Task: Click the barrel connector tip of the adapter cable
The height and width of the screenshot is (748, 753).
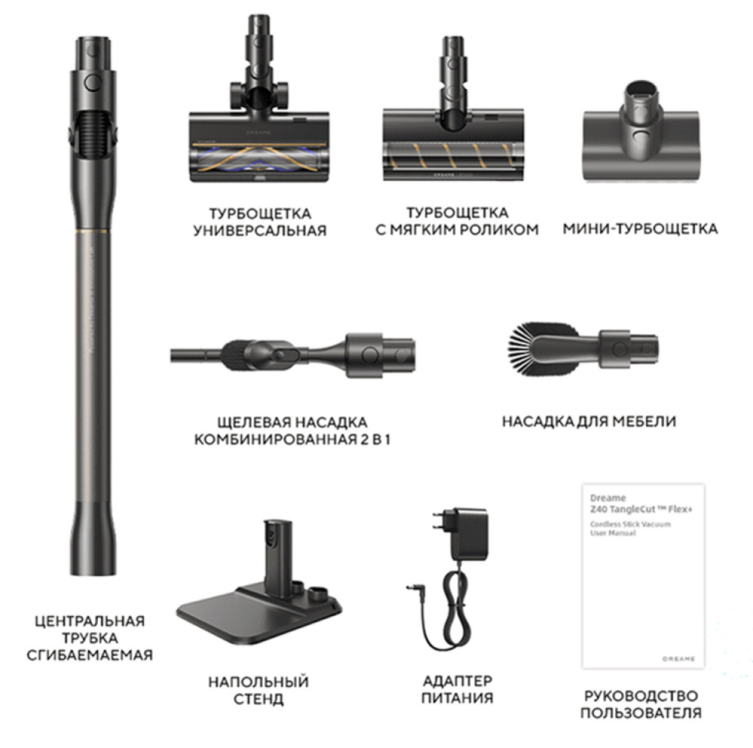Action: click(x=412, y=588)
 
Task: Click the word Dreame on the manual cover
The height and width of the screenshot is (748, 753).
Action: click(x=608, y=498)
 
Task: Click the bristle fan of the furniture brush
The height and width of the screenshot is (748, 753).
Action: click(x=523, y=348)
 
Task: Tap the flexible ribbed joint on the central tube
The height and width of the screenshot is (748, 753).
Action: click(x=93, y=135)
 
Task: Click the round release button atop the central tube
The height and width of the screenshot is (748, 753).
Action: click(x=93, y=82)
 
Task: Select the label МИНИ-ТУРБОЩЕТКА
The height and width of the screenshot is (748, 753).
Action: click(x=640, y=229)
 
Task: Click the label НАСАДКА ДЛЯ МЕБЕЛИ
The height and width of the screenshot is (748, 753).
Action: click(x=589, y=422)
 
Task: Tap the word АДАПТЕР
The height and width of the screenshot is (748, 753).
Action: click(x=457, y=681)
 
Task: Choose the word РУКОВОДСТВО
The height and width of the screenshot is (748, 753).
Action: click(x=641, y=695)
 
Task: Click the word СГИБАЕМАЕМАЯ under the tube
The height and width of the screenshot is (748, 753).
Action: click(x=90, y=655)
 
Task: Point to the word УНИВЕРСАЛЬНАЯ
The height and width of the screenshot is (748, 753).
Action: click(x=260, y=231)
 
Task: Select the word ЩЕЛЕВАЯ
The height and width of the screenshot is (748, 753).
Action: click(x=254, y=423)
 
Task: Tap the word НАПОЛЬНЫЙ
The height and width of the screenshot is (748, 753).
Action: click(x=258, y=682)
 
